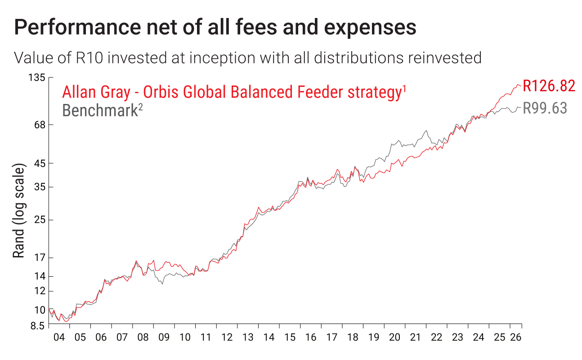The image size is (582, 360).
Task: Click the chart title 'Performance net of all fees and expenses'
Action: click(215, 27)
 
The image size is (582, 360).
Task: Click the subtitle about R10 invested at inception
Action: click(248, 58)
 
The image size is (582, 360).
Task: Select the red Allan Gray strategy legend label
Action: click(234, 92)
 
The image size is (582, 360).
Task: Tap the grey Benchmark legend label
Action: click(103, 110)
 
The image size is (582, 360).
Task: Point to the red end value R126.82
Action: click(549, 86)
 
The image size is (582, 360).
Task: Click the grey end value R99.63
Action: click(545, 108)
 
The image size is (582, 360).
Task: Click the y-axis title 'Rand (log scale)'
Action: click(19, 211)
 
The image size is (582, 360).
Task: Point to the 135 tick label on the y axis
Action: click(36, 77)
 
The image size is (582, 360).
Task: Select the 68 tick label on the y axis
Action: click(40, 125)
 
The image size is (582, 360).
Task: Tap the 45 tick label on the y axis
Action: click(40, 163)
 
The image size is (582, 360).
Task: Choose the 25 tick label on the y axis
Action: click(40, 220)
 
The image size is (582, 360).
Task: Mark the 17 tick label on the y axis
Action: click(40, 257)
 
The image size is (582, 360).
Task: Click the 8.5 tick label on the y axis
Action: click(38, 326)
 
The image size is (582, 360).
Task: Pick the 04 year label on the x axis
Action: click(59, 337)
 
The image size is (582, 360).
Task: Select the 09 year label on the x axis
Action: click(164, 337)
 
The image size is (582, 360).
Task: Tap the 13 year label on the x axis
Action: click(248, 337)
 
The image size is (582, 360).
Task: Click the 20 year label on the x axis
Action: click(394, 337)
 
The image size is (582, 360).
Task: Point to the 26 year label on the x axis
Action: click(516, 337)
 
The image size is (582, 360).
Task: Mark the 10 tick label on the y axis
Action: click(40, 310)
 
